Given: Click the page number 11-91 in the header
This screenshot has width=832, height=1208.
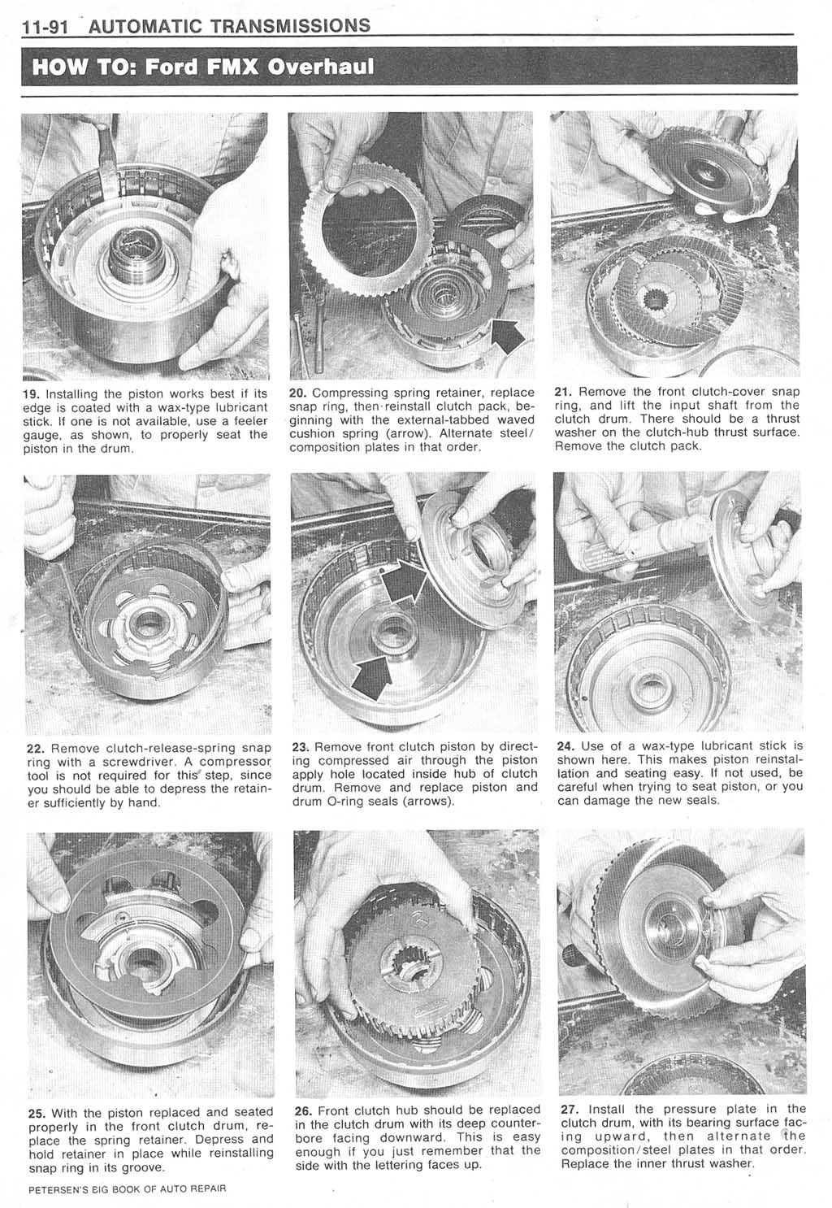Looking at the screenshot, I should point(47,27).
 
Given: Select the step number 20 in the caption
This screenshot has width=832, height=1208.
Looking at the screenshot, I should point(298,393).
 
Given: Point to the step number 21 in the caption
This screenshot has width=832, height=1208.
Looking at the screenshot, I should point(564,393).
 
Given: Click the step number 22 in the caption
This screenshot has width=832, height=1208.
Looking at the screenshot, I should point(35,748).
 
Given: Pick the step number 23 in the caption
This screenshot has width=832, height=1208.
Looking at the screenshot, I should point(300,746).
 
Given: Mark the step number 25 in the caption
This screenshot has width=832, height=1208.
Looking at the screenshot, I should point(37,1113).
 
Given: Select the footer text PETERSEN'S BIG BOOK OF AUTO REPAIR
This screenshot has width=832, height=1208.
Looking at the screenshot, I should point(126,1188).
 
